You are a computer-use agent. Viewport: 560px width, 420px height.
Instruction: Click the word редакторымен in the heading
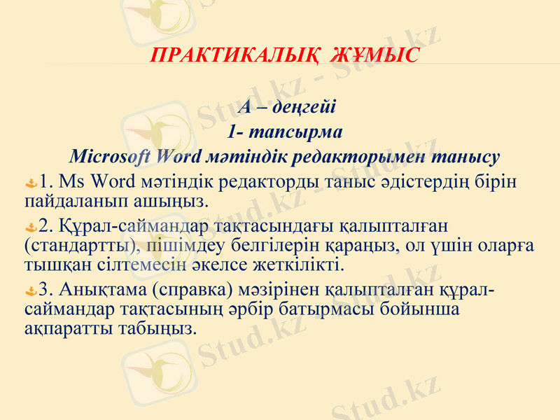369,155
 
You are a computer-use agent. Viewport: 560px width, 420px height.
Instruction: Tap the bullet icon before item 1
30,184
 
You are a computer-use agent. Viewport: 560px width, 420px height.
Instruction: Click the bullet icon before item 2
30,228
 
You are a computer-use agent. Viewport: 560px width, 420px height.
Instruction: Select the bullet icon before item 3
30,290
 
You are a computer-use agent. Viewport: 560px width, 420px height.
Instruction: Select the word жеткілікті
307,265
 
